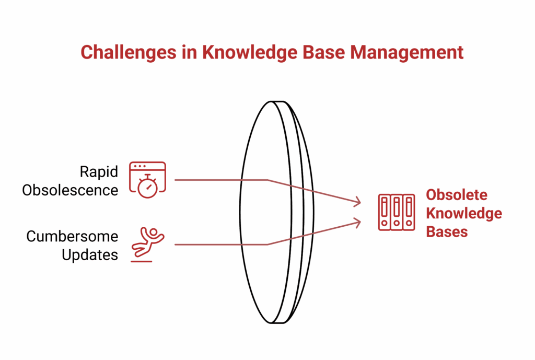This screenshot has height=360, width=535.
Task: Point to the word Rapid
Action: (99, 171)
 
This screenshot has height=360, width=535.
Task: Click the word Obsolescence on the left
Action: (70, 190)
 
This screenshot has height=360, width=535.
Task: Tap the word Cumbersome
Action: (72, 236)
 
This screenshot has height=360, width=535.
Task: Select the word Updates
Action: (90, 255)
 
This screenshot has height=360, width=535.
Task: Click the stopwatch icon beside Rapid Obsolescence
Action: (147, 187)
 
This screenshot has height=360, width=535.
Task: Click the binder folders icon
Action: (396, 213)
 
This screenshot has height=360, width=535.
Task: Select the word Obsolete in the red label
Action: (457, 195)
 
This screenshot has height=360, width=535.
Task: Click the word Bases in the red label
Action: (447, 231)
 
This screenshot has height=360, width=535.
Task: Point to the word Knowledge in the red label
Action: (464, 213)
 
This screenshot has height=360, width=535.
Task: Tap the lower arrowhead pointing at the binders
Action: (357, 223)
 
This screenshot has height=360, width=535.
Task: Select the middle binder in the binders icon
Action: (397, 213)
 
